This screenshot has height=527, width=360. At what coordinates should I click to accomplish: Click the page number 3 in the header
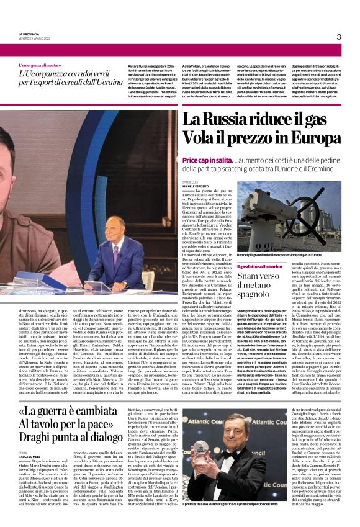(x=339, y=37)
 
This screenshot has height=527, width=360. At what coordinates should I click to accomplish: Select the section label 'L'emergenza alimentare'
(x=43, y=65)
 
